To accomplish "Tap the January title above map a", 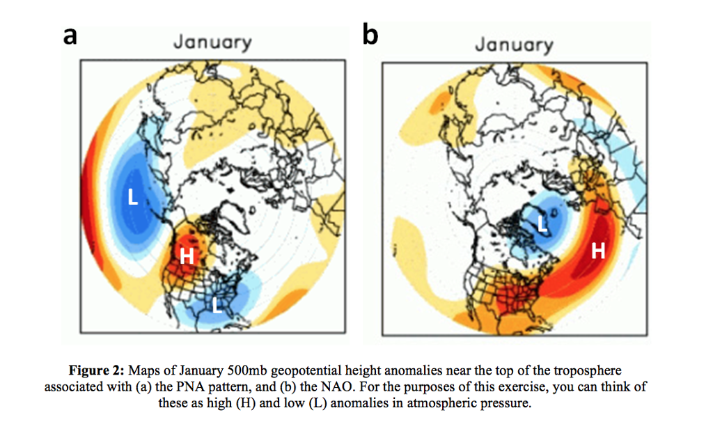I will tap(212, 43).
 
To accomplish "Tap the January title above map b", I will tap(514, 45).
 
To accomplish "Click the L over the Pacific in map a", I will tap(134, 198).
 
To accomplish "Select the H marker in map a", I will tap(187, 256).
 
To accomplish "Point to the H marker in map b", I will tap(597, 251).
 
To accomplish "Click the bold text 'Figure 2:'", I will tap(97, 370).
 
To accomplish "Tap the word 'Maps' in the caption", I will tap(144, 370).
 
